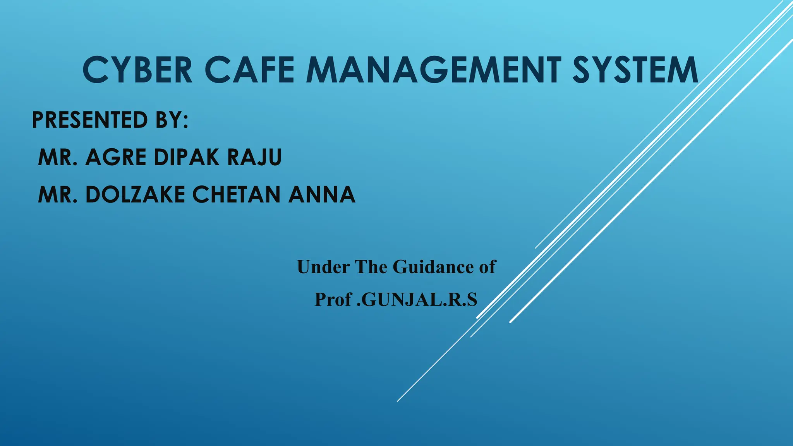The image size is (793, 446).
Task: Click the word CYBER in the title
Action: [137, 70]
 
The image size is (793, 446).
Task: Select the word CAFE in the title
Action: [249, 70]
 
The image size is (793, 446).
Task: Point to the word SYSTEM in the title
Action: [635, 70]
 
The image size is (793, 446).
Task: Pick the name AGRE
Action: [116, 157]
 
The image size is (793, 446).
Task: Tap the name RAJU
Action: [254, 157]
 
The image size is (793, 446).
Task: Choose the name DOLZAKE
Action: [135, 194]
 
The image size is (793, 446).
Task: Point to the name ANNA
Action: [322, 194]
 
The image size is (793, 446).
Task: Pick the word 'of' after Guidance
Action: [487, 267]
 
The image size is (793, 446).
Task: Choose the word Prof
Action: [333, 299]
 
